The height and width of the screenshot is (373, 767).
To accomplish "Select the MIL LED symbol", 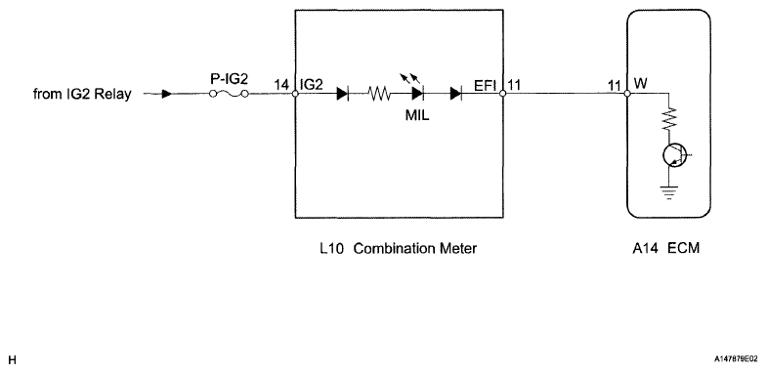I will pyautogui.click(x=418, y=94).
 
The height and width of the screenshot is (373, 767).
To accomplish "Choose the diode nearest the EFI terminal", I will pyautogui.click(x=456, y=95).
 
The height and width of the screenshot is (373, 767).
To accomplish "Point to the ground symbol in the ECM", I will pyautogui.click(x=669, y=190).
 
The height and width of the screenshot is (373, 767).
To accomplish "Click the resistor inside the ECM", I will pyautogui.click(x=669, y=120).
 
